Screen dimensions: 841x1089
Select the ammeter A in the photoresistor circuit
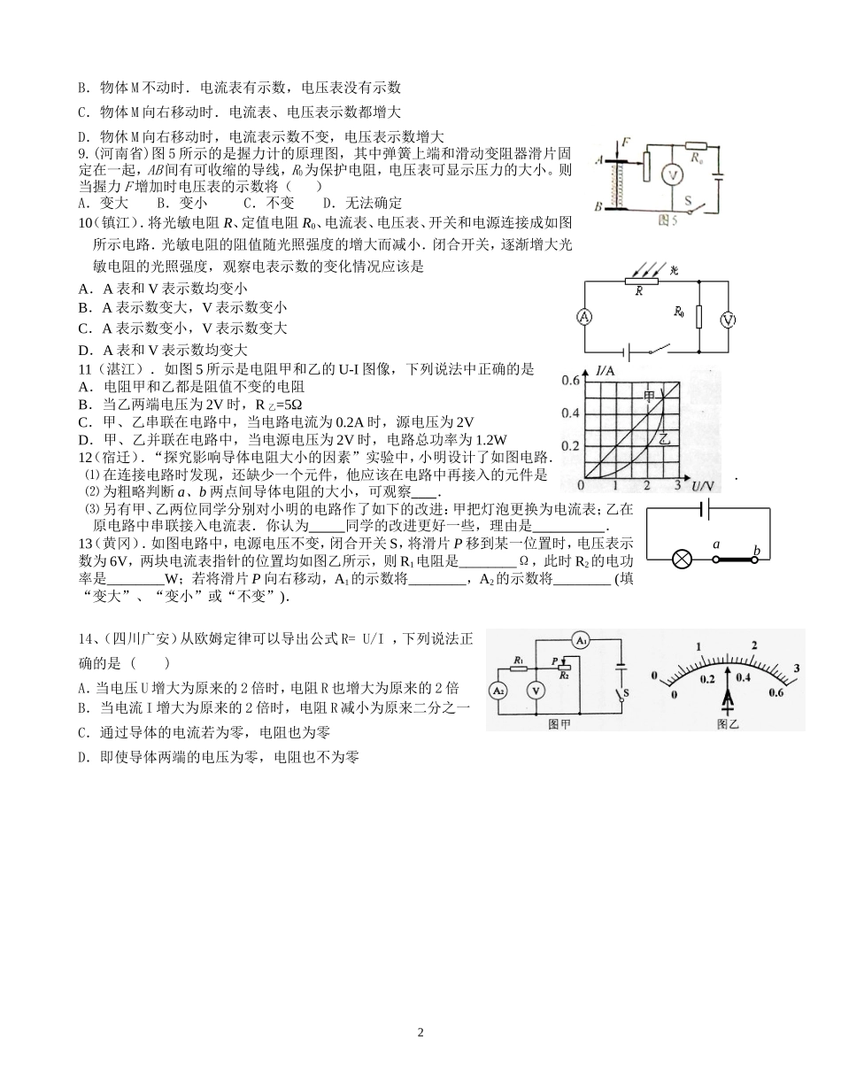tap(584, 317)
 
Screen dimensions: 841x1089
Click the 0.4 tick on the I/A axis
tap(571, 413)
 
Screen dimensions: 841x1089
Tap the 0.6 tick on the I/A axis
tap(571, 381)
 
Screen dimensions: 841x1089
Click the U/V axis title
tap(702, 485)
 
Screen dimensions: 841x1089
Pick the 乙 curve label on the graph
tap(664, 437)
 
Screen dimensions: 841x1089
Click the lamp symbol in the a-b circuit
tap(683, 560)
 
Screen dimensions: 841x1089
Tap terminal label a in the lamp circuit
tap(716, 544)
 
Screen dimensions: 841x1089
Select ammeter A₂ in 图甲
tap(498, 691)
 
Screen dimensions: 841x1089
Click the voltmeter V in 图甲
tap(534, 691)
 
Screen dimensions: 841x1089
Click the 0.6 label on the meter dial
tap(776, 692)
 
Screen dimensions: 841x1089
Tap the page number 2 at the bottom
tap(420, 1032)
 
